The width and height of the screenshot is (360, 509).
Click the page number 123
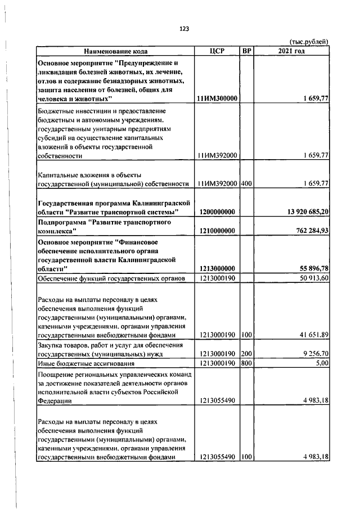point(183,29)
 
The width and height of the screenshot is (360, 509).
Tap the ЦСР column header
point(217,51)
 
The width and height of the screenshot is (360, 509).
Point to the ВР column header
point(246,51)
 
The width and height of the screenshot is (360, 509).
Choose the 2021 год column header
point(291,51)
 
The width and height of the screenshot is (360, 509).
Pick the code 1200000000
point(217,212)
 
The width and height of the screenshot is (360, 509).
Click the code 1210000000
point(217,231)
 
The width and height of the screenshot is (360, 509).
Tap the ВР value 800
point(246,364)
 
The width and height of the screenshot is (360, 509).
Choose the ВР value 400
point(246,184)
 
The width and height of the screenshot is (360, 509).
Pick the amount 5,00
point(321,364)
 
